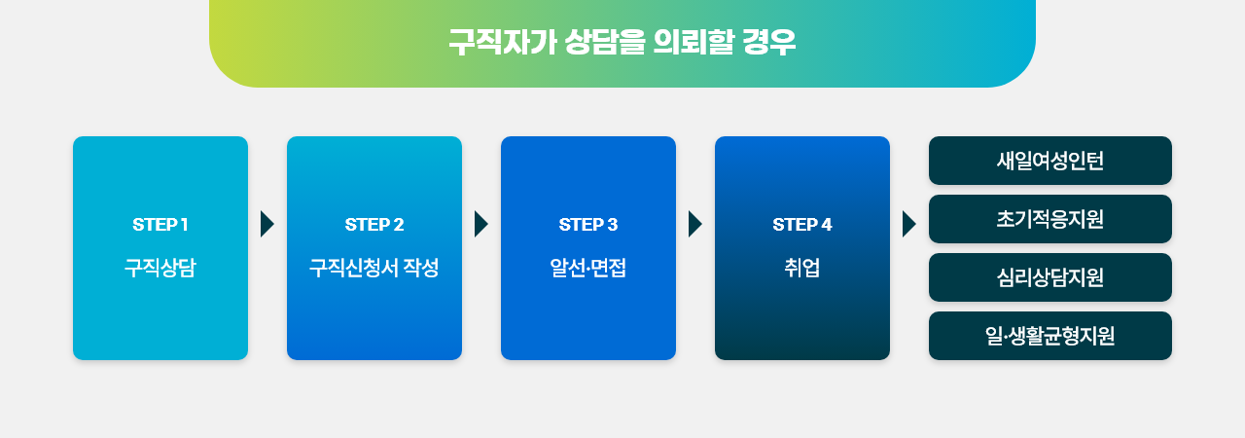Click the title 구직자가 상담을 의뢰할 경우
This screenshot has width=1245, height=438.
[622, 42]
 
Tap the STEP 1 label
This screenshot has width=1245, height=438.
[160, 225]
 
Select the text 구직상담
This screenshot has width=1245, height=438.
[160, 268]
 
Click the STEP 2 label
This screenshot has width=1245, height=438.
[374, 225]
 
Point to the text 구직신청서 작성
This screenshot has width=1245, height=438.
[374, 268]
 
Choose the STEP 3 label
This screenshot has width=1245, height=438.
[588, 225]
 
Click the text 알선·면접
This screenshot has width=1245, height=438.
[588, 268]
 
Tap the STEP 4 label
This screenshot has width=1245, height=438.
[802, 225]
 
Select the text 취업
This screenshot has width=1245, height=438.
[802, 268]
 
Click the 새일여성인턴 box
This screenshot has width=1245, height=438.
[1049, 161]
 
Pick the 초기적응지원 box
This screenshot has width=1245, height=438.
[1049, 219]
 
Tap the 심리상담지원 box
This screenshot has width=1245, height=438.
[1049, 277]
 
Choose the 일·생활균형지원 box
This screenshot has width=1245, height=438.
[1049, 336]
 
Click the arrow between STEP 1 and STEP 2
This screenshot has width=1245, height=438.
[267, 224]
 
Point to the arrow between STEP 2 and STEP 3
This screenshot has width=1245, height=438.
[480, 224]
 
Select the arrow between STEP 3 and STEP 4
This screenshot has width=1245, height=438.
[694, 224]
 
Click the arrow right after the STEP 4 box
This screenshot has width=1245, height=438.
[908, 224]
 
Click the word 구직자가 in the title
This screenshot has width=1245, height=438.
[503, 42]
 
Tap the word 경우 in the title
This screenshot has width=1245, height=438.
[769, 42]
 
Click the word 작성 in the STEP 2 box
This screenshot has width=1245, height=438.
[421, 268]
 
